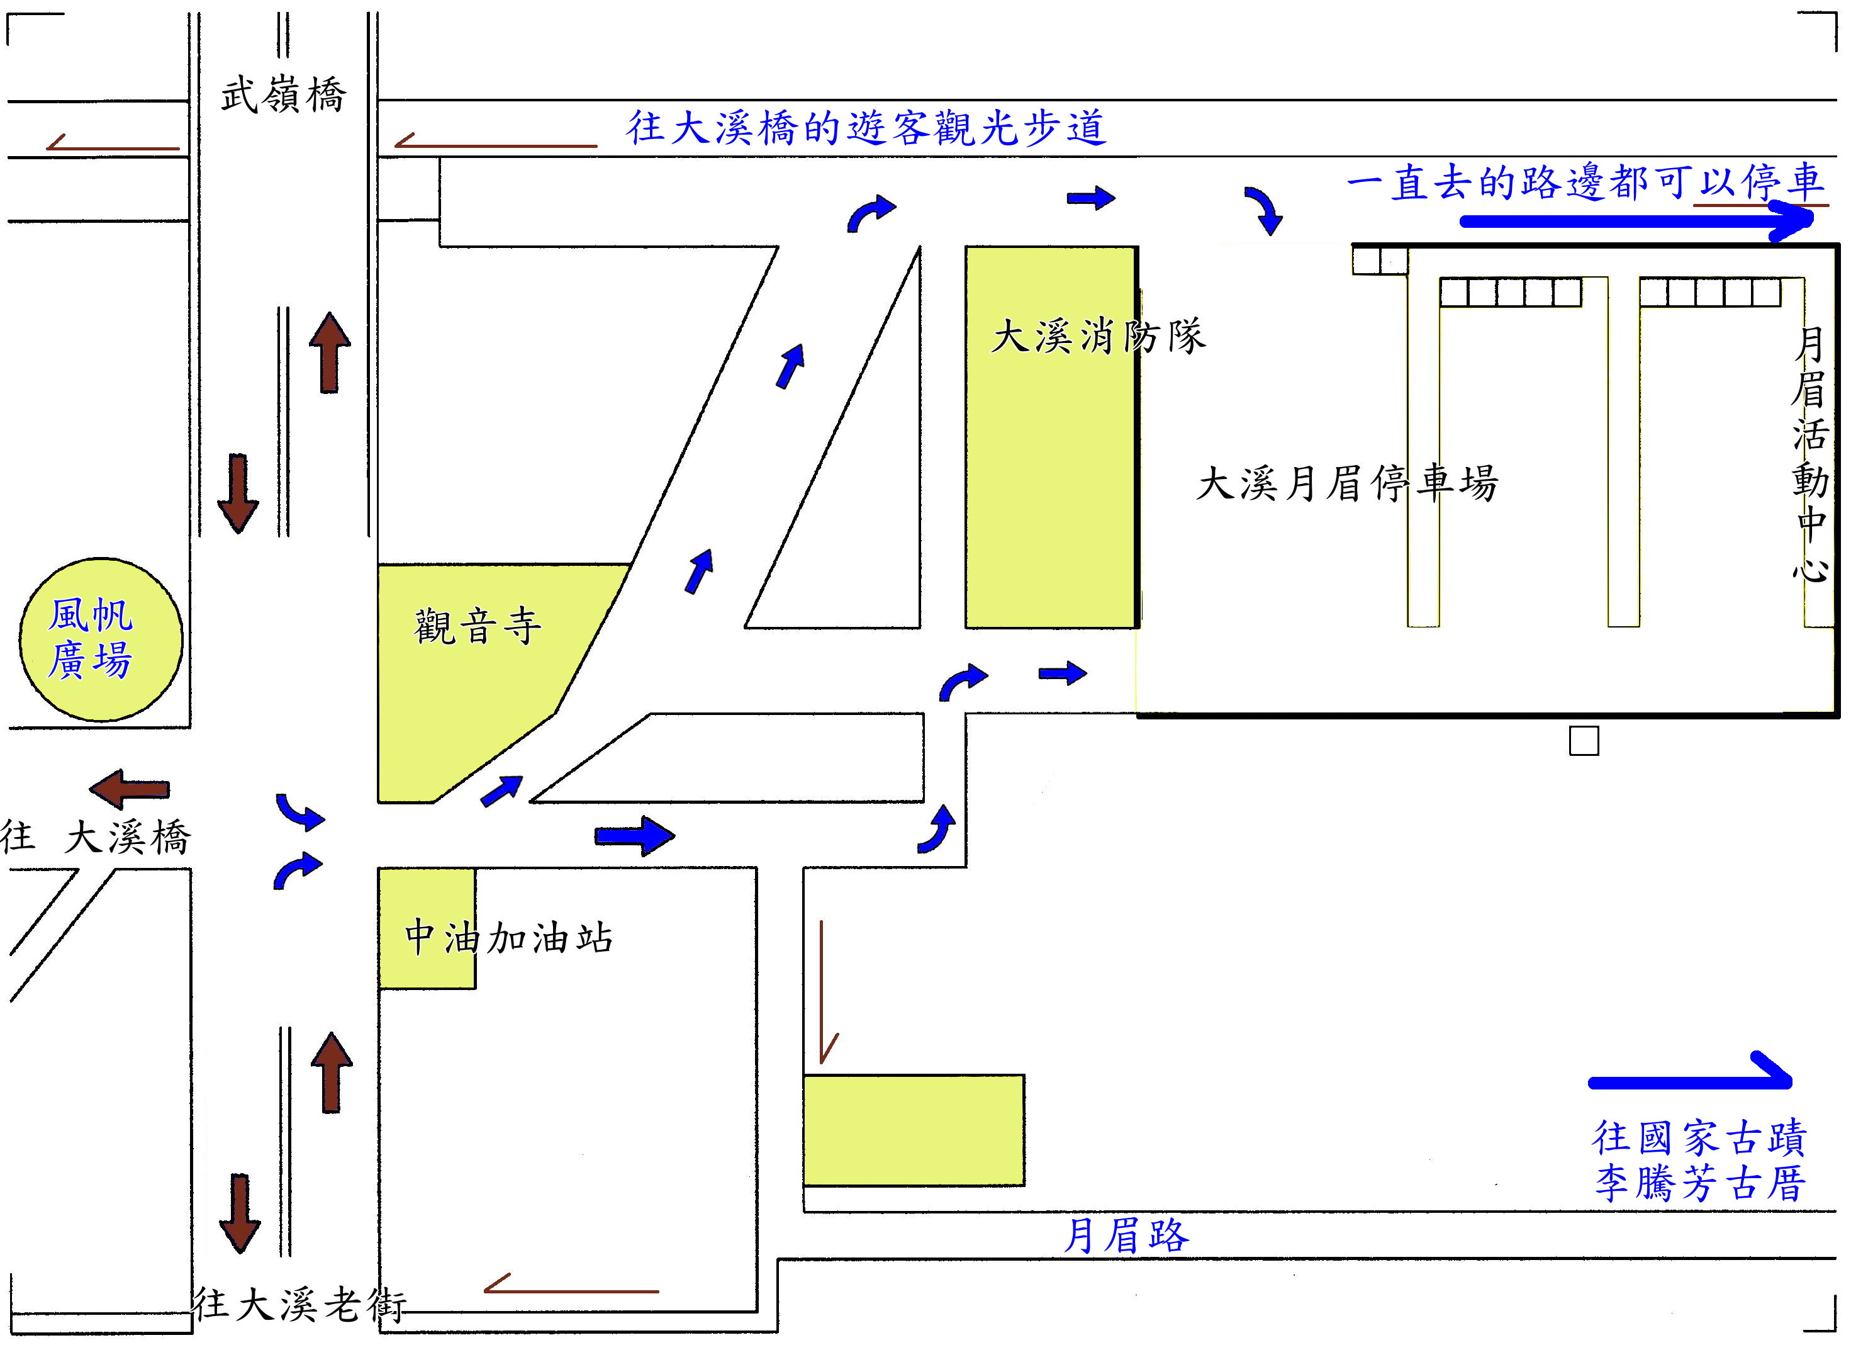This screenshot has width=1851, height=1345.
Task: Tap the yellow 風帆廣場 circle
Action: click(x=101, y=639)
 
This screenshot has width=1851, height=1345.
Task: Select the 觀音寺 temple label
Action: click(x=478, y=626)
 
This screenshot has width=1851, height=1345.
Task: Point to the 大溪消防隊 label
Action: click(x=1098, y=335)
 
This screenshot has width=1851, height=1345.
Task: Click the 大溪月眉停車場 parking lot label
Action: click(x=1346, y=483)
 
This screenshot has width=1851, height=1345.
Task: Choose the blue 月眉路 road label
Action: click(x=1126, y=1235)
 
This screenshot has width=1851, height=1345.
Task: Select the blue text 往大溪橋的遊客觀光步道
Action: click(x=866, y=127)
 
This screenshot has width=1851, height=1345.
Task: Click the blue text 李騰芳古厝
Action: click(x=1700, y=1184)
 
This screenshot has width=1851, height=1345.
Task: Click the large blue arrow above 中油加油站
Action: click(x=634, y=835)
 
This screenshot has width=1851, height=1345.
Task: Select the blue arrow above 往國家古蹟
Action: click(x=1690, y=1074)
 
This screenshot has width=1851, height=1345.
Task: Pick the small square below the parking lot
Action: click(x=1584, y=741)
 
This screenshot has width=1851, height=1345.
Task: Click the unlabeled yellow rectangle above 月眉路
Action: click(x=914, y=1130)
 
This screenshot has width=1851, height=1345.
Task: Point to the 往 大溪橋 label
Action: click(x=96, y=837)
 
